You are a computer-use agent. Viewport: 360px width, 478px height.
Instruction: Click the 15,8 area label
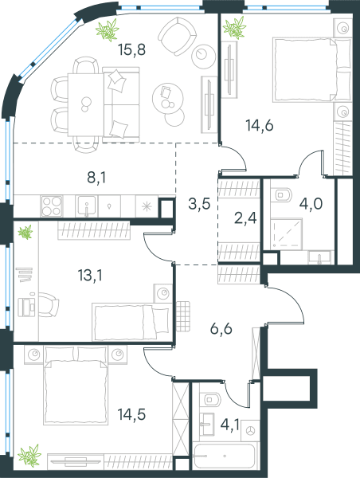[x=132, y=49]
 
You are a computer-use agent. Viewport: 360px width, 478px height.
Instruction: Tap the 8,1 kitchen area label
[x=96, y=178]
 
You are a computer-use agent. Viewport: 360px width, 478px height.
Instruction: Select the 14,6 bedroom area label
[x=260, y=125]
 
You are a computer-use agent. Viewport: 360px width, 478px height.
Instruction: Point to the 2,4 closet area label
[x=245, y=218]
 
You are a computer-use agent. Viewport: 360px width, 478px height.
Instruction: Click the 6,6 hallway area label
[x=221, y=328]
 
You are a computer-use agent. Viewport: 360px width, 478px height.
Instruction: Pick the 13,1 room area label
[x=90, y=276]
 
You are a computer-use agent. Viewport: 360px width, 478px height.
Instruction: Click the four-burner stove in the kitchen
[x=52, y=206]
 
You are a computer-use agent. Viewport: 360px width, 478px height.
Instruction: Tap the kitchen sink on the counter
[x=87, y=206]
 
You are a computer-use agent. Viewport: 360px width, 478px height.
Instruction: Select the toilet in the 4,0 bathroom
[x=284, y=194]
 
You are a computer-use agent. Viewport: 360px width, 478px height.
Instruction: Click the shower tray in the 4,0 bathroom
[x=287, y=233]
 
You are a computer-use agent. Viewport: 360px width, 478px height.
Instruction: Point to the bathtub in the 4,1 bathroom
[x=225, y=456]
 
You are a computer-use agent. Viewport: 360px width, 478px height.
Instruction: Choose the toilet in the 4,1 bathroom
[x=210, y=399]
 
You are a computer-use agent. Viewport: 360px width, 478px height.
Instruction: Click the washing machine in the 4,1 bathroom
[x=250, y=430]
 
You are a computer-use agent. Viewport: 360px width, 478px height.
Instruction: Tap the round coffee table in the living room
[x=167, y=97]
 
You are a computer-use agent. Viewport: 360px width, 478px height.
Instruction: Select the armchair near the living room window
[x=177, y=36]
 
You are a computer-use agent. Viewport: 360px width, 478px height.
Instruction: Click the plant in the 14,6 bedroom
[x=234, y=27]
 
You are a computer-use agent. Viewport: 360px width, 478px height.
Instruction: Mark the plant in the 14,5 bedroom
[x=29, y=455]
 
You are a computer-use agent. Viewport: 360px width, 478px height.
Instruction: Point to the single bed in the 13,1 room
[x=131, y=322]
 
